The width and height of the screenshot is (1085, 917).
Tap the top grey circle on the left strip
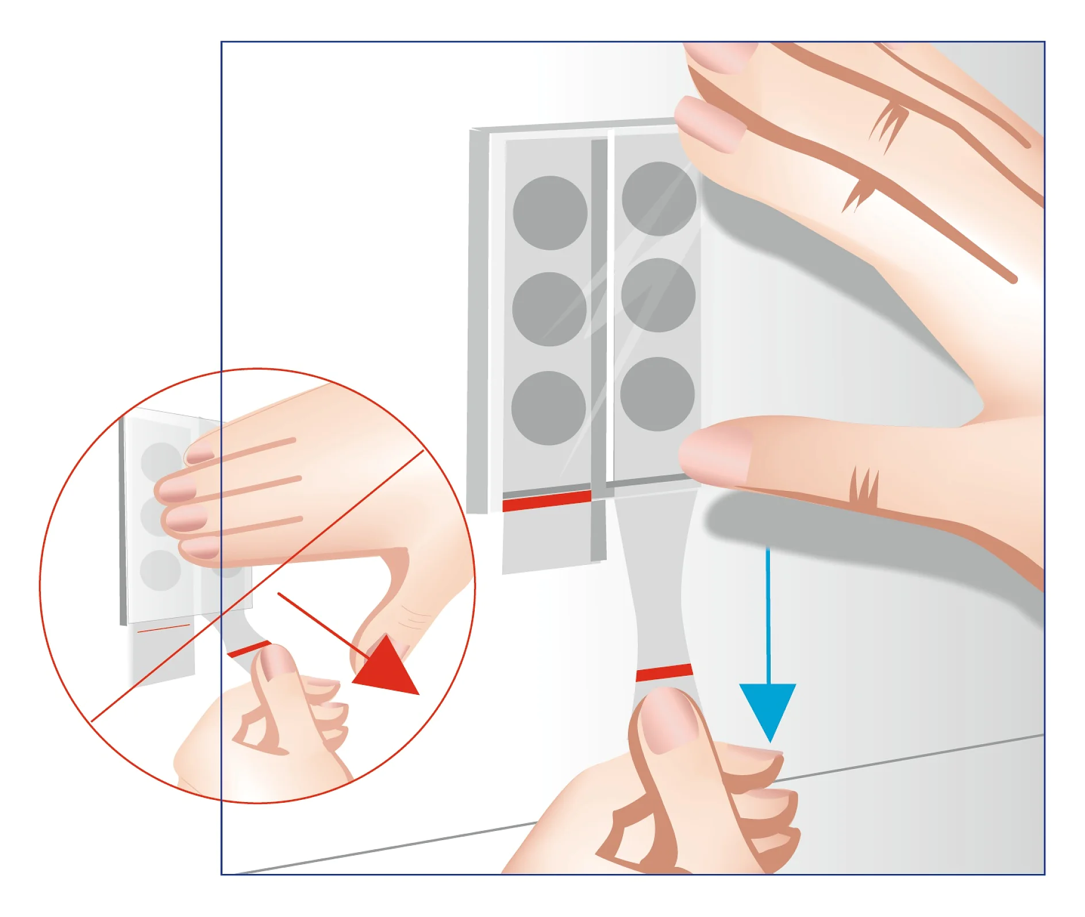click(550, 212)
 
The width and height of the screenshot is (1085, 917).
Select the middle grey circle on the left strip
click(549, 309)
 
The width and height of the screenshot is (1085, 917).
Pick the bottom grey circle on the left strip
click(548, 408)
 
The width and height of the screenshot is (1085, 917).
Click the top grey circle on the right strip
click(659, 199)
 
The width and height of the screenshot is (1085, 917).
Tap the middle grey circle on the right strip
click(658, 295)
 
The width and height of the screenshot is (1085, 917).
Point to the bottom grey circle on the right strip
click(657, 394)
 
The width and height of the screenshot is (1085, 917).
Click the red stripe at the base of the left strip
click(546, 501)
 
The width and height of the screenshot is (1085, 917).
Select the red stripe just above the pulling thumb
click(664, 672)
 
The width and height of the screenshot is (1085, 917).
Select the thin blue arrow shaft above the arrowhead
click(768, 614)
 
